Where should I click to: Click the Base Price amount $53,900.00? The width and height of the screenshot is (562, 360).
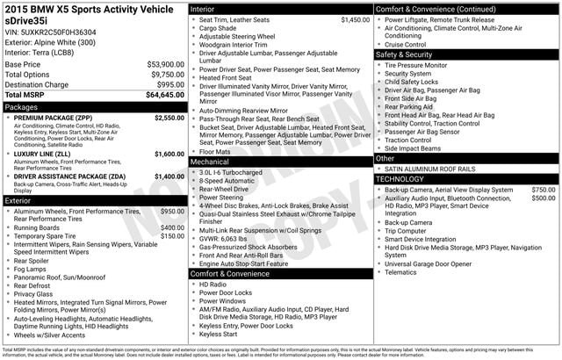coord(165,65)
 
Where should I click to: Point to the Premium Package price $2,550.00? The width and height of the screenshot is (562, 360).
coord(169,117)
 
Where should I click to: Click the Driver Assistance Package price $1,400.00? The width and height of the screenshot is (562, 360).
coord(169,176)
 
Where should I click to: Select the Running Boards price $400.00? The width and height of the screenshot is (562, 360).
coord(172,227)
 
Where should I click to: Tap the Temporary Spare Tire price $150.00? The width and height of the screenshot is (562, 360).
coord(172,236)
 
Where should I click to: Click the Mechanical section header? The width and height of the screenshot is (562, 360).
coord(211,162)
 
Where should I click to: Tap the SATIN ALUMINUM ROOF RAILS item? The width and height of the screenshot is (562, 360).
coord(431,169)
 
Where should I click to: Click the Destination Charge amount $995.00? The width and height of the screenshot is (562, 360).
coord(169,84)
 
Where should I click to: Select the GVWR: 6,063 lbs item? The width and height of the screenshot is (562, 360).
coord(227,239)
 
